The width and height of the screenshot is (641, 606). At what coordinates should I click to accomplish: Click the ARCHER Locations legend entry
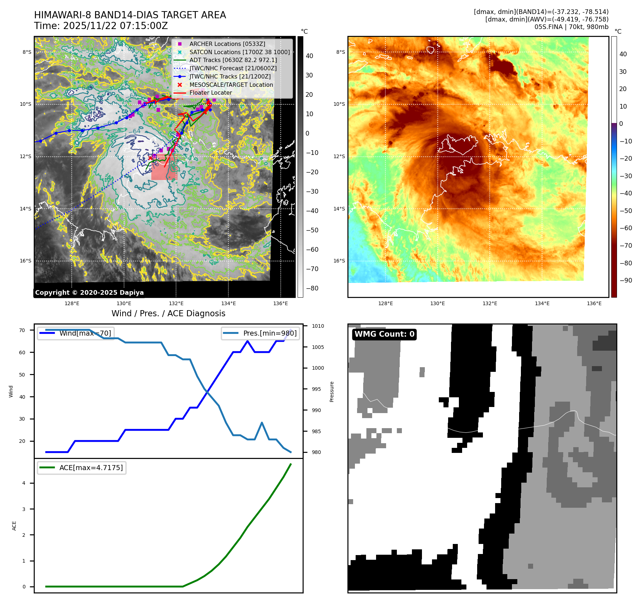(227, 44)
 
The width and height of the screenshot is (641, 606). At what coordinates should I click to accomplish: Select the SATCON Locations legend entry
(239, 52)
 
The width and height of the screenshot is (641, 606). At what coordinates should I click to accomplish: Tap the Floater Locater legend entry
(210, 93)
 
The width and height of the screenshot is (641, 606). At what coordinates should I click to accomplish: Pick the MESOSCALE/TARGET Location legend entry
(231, 85)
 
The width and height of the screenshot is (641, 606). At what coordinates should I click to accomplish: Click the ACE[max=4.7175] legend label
(91, 468)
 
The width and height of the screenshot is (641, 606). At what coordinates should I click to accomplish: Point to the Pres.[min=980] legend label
(270, 333)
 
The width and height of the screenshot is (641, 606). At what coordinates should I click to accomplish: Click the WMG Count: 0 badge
(384, 334)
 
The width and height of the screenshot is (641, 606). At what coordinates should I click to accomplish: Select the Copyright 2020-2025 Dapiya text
(89, 293)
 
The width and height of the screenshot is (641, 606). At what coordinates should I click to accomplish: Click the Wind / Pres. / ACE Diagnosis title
(168, 313)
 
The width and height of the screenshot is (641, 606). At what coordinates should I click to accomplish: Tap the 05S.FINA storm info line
(571, 27)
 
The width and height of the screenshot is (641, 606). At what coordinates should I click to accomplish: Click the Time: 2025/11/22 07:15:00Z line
(101, 26)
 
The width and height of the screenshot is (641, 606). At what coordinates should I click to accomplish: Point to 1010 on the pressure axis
(318, 326)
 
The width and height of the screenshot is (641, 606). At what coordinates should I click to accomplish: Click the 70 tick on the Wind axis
(22, 330)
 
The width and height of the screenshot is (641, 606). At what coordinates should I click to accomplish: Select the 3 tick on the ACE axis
(24, 509)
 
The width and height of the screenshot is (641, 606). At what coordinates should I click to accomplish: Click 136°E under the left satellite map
(280, 303)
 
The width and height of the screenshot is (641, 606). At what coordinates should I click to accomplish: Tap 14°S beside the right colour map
(339, 209)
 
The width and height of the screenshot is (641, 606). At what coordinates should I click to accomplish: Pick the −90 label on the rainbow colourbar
(626, 280)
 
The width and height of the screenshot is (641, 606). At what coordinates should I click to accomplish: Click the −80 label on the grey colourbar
(312, 288)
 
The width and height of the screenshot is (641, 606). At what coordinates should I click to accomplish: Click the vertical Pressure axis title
(332, 392)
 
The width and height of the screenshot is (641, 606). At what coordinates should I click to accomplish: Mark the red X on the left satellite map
(150, 158)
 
